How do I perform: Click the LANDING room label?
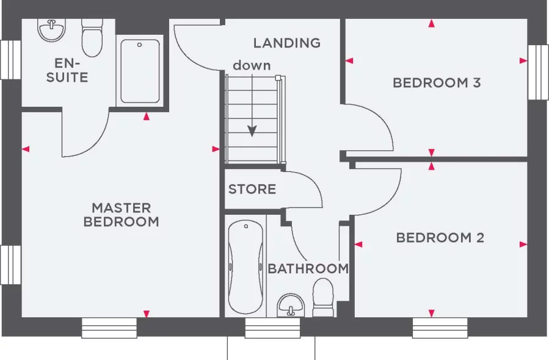[x=287, y=43]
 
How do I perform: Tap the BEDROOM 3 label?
[x=437, y=82]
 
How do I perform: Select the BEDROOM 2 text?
[x=440, y=237]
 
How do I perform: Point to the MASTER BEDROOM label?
[x=121, y=215]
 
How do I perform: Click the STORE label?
[x=252, y=189]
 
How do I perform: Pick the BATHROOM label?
[x=308, y=268]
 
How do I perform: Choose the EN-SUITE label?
[x=67, y=70]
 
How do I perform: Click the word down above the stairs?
[x=251, y=65]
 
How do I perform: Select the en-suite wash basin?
[x=51, y=29]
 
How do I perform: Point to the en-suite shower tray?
[x=140, y=71]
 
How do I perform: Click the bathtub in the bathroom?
[x=245, y=267]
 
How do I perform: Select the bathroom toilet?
[x=323, y=298]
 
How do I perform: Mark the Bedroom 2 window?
[x=440, y=328]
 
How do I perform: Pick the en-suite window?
[x=10, y=60]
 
